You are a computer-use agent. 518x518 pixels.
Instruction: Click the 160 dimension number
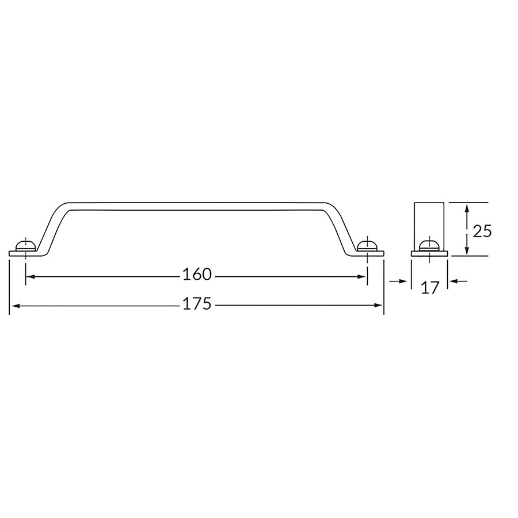click(197, 275)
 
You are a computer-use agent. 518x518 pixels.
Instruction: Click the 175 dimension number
click(197, 304)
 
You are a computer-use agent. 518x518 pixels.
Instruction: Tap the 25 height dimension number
click(482, 231)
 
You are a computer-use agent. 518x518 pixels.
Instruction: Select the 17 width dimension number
click(429, 288)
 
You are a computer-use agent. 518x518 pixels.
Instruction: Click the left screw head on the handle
click(26, 246)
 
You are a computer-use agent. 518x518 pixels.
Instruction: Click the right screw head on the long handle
click(367, 246)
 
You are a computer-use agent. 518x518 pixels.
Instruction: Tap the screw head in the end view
click(429, 246)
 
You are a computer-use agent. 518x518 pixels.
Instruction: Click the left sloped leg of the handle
click(53, 227)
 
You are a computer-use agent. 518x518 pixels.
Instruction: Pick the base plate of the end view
click(429, 253)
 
